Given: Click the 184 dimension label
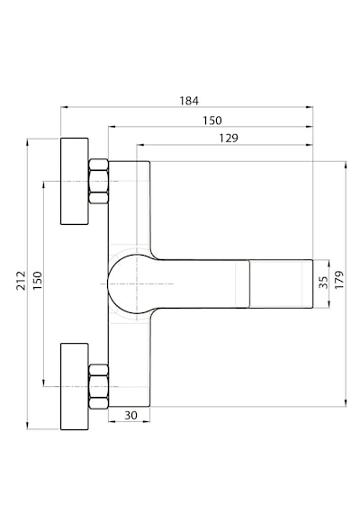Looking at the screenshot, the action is [189, 101].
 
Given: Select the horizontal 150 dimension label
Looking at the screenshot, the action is [212, 121].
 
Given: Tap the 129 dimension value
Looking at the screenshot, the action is [229, 138].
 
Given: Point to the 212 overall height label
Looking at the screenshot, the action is [22, 281].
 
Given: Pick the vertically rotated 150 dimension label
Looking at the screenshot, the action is [38, 281].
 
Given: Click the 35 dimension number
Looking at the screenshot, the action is [323, 283].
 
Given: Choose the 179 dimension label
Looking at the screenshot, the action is [339, 280].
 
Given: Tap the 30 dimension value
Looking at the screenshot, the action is [130, 416].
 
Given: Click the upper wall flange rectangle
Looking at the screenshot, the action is [75, 181].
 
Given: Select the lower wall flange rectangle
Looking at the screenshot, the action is [75, 386].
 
